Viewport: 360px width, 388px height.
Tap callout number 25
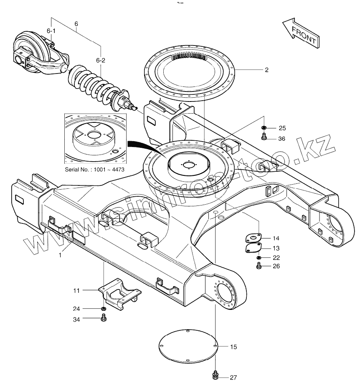[282, 128]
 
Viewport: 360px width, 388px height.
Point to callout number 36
[282, 139]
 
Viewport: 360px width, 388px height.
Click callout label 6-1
[51, 31]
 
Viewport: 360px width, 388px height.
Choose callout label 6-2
[101, 61]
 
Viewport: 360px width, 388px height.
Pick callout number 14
[276, 238]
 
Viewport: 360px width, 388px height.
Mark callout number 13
[276, 248]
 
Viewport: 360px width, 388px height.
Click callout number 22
[276, 257]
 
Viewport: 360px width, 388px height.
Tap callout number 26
[276, 266]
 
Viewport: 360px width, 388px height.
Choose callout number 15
[233, 347]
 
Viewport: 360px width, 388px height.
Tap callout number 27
[233, 378]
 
